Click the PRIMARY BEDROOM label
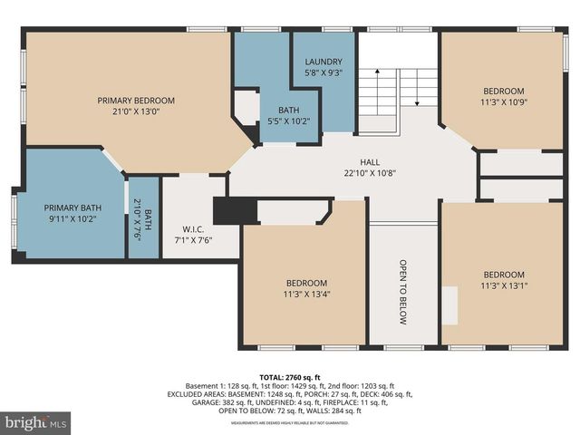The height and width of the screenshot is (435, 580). [136, 101]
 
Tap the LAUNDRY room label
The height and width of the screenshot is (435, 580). [323, 62]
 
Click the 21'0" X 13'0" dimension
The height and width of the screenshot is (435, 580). [136, 112]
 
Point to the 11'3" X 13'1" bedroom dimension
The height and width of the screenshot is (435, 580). [503, 286]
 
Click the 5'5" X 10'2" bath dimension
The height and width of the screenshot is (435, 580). [287, 121]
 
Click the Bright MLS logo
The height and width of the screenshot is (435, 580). [36, 422]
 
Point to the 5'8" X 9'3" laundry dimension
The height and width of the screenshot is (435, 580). [323, 73]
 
